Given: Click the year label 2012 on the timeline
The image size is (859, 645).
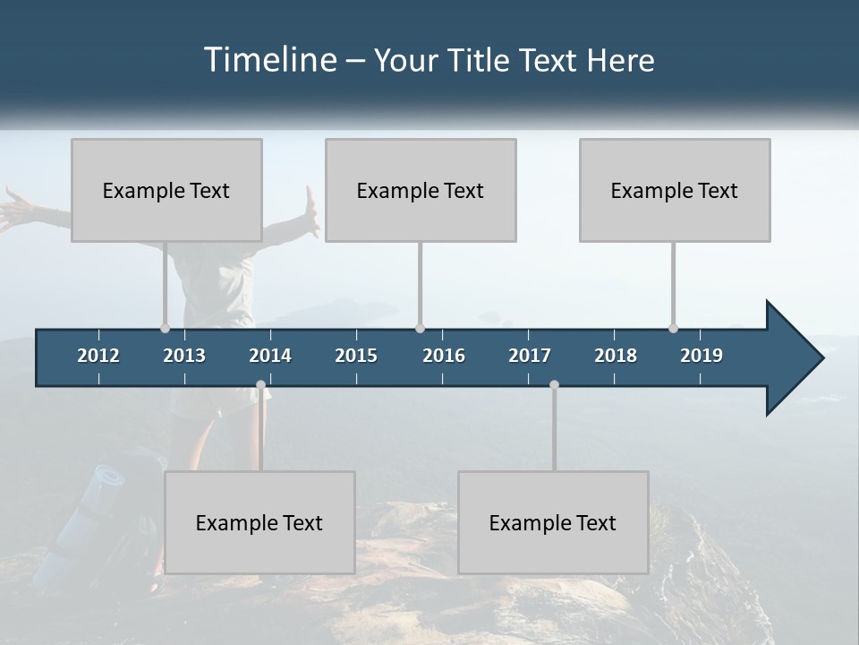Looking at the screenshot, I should [x=98, y=356].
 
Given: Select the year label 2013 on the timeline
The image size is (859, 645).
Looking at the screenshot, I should [x=184, y=356].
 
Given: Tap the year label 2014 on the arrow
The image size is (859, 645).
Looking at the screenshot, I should [x=270, y=356].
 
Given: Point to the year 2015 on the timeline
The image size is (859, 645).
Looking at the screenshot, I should [x=356, y=356].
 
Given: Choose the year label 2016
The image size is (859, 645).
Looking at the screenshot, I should [x=444, y=356].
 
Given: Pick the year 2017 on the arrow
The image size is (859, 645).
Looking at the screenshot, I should [x=530, y=356].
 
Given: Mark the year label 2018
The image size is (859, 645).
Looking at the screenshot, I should [x=616, y=356].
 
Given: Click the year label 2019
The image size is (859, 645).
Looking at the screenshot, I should [x=702, y=356].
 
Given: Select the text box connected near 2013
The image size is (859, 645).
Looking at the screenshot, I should [x=166, y=190].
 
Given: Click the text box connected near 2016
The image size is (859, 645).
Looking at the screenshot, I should [x=421, y=190].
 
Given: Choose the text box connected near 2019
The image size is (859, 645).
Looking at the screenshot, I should [x=675, y=190].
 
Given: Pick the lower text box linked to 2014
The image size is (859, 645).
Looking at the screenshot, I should [x=259, y=522].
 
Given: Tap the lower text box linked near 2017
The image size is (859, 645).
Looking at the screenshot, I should [x=553, y=522].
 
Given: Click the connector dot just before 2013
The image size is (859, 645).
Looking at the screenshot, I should [x=166, y=328].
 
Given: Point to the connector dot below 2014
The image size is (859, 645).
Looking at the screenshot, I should [x=260, y=385].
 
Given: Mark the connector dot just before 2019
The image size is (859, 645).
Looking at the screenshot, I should [x=674, y=328].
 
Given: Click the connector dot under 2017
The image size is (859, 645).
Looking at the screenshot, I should [x=554, y=385].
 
